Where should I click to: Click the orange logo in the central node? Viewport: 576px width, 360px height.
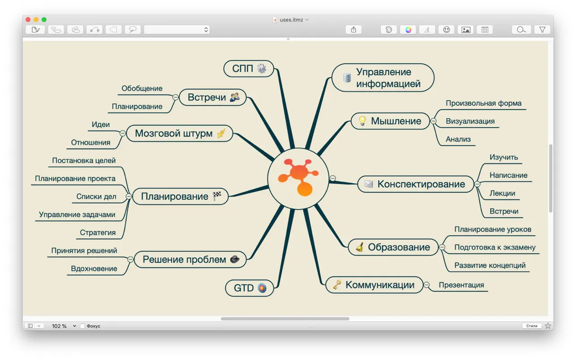298,178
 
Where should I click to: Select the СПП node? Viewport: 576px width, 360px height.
249,69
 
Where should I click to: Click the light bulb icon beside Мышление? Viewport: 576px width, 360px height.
362,121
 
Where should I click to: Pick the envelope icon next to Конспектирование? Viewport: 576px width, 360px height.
369,184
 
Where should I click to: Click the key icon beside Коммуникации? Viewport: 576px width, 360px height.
337,285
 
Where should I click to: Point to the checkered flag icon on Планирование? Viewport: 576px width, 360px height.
217,196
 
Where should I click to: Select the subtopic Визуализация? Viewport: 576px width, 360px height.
470,121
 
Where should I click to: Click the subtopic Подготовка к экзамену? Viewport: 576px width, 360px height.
494,247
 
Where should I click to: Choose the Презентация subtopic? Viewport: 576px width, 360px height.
461,285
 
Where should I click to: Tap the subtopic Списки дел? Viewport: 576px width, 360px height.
96,197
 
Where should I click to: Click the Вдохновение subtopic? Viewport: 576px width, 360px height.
94,269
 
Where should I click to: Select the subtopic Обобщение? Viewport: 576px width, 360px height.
142,89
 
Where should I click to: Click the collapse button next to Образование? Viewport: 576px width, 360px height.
442,247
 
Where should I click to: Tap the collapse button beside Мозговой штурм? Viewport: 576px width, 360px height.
122,133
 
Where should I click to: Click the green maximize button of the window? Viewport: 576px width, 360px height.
44,20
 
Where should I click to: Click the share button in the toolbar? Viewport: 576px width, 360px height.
353,30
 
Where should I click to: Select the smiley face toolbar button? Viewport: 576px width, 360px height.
446,30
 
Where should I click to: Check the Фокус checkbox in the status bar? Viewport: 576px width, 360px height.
82,326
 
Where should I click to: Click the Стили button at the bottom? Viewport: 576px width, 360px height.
532,326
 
